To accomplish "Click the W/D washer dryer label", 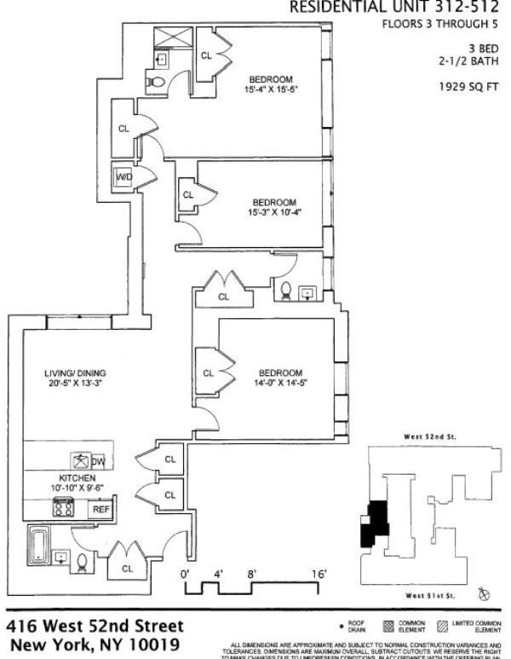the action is click(125, 176).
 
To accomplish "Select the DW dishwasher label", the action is click(98, 462).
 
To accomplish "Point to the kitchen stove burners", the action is click(63, 507).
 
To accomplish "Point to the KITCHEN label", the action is click(77, 478).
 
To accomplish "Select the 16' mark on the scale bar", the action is click(319, 575).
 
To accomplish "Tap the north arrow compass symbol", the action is click(485, 592).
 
